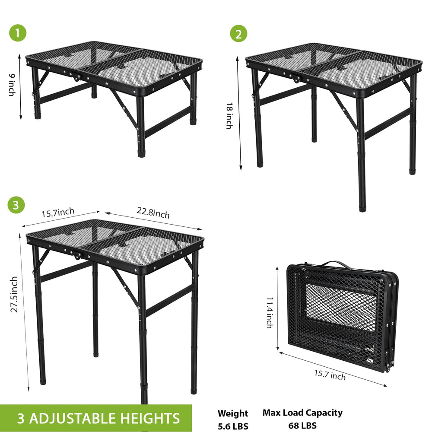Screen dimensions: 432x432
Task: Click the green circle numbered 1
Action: point(18,33)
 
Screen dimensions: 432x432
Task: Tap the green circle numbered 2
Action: point(238,34)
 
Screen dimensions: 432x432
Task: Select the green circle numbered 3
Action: point(16,205)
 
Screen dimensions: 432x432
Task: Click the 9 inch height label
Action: point(12,85)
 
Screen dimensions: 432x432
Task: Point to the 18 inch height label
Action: point(229,116)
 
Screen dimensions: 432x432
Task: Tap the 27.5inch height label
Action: point(14,295)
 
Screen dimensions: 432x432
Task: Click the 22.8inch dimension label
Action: point(153,213)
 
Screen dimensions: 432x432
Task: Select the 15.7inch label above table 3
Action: point(58,213)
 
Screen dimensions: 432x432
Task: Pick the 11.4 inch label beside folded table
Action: point(270,313)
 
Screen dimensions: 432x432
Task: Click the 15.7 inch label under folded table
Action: point(330,375)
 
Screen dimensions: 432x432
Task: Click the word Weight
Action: point(233,413)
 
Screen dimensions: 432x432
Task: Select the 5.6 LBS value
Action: point(233,426)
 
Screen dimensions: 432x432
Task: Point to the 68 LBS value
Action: point(302,426)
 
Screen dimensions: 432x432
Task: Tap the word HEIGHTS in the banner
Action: point(150,418)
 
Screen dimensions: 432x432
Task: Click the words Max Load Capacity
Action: point(302,413)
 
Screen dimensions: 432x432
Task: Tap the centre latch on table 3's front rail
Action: point(76,254)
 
